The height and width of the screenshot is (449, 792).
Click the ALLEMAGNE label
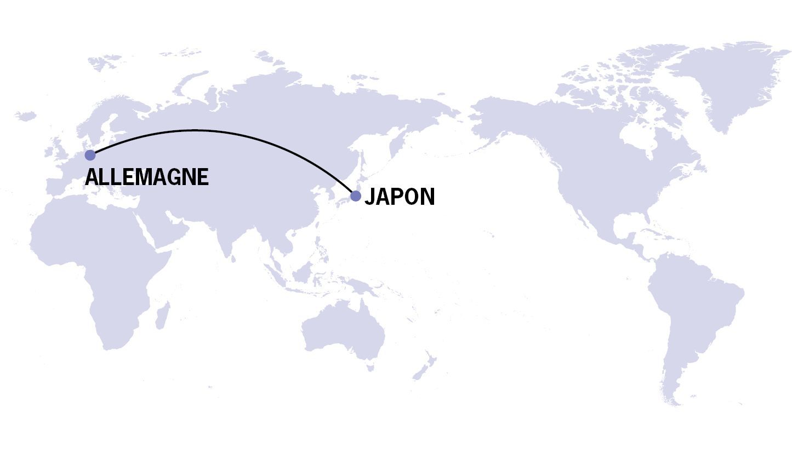147,177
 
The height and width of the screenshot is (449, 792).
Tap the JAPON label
400,197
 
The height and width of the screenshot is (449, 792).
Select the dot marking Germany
90,156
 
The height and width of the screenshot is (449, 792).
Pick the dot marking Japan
356,195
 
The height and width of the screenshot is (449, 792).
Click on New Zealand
425,367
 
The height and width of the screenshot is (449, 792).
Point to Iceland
26,116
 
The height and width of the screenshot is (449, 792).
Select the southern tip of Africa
112,346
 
